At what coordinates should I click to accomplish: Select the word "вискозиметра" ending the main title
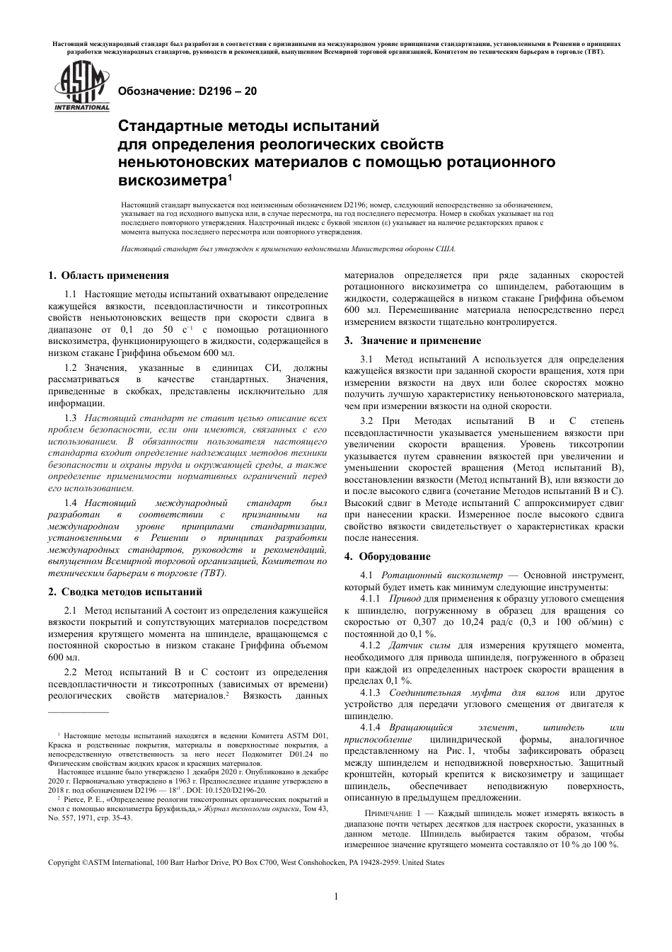171,180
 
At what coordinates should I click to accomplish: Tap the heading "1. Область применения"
108,275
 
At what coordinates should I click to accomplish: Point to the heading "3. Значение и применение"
412,340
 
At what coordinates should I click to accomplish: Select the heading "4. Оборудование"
387,556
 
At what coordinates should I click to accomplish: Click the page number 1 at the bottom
336,896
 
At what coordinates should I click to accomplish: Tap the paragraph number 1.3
71,418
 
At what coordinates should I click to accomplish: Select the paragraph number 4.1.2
371,646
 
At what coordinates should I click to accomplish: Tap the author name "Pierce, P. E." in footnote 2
83,799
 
